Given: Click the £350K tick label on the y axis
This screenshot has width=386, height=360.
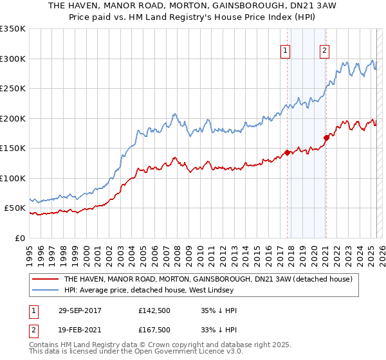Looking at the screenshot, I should tap(13, 29).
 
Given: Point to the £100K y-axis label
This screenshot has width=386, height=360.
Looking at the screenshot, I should tap(13, 178).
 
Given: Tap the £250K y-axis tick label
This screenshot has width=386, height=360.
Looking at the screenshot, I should tap(13, 89).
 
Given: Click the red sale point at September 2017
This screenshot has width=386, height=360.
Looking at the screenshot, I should tap(287, 153).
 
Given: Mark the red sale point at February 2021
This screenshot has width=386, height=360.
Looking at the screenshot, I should tap(326, 137).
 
